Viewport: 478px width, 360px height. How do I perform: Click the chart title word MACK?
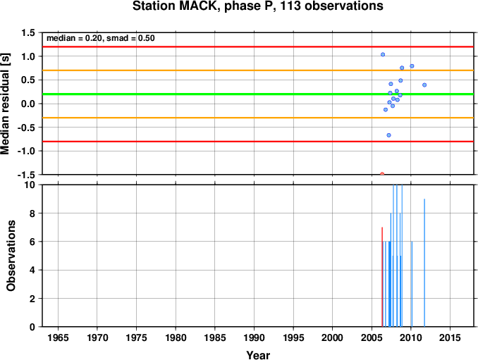pyautogui.click(x=195, y=6)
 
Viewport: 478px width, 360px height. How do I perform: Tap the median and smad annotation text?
pyautogui.click(x=101, y=38)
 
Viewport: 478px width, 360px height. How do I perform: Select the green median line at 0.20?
pyautogui.click(x=258, y=94)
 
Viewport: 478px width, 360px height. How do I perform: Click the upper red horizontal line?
pyautogui.click(x=258, y=46)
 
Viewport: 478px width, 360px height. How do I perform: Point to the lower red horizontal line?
pyautogui.click(x=258, y=142)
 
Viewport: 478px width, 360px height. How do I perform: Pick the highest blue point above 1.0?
pyautogui.click(x=383, y=54)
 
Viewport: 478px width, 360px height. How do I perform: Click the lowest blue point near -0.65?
pyautogui.click(x=388, y=135)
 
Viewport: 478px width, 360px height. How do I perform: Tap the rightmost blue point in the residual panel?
pyautogui.click(x=424, y=85)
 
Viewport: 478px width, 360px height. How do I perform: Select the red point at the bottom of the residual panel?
pyautogui.click(x=382, y=174)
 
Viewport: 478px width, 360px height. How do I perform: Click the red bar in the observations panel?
pyautogui.click(x=382, y=277)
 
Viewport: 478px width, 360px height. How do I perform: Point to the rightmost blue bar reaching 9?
pyautogui.click(x=424, y=263)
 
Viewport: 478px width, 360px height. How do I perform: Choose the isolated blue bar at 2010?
pyautogui.click(x=412, y=284)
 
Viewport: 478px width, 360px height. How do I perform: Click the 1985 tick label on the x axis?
pyautogui.click(x=215, y=337)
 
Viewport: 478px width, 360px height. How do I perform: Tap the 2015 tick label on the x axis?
pyautogui.click(x=450, y=337)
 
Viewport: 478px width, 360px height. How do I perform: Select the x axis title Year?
pyautogui.click(x=258, y=355)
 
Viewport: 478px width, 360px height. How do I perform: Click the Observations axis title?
pyautogui.click(x=11, y=256)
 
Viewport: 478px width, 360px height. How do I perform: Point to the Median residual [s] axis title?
pyautogui.click(x=5, y=104)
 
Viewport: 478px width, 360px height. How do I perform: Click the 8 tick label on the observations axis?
pyautogui.click(x=32, y=213)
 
